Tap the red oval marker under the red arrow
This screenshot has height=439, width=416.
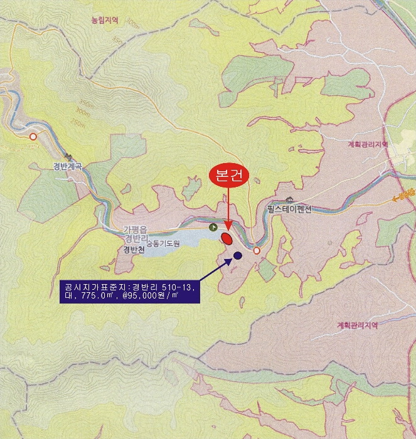(227, 238)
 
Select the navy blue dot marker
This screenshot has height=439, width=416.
(238, 255)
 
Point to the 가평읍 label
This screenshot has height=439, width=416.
(136, 229)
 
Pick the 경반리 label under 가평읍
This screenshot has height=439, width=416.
(136, 238)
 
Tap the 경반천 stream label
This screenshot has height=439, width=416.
(134, 249)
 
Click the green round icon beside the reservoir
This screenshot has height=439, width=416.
(213, 227)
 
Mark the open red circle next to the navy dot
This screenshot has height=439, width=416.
(257, 251)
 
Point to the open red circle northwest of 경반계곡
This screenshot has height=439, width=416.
(33, 136)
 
